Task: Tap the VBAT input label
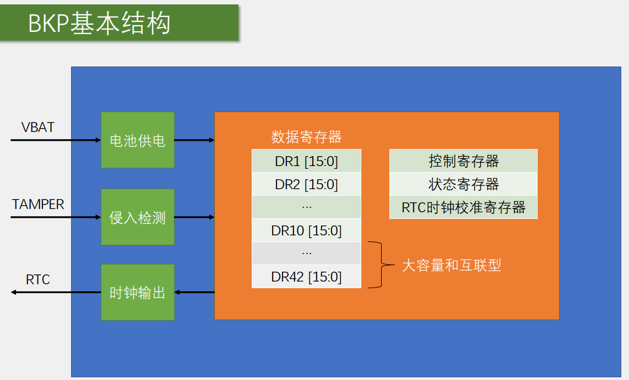pyautogui.click(x=38, y=127)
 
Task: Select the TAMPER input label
pyautogui.click(x=38, y=205)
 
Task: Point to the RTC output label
pyautogui.click(x=38, y=280)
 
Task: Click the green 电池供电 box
pyautogui.click(x=138, y=140)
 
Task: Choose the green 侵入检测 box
pyautogui.click(x=138, y=217)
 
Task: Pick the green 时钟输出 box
pyautogui.click(x=138, y=292)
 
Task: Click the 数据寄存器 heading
pyautogui.click(x=306, y=137)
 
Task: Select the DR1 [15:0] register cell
pyautogui.click(x=306, y=161)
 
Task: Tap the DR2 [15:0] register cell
pyautogui.click(x=306, y=184)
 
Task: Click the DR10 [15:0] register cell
pyautogui.click(x=306, y=231)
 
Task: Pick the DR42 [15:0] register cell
pyautogui.click(x=306, y=277)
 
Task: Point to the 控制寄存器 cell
pyautogui.click(x=463, y=161)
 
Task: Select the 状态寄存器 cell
pyautogui.click(x=463, y=184)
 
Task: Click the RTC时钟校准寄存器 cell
pyautogui.click(x=463, y=207)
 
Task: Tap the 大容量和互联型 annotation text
pyautogui.click(x=452, y=266)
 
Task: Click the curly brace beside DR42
pyautogui.click(x=379, y=265)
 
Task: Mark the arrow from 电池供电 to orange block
pyautogui.click(x=194, y=140)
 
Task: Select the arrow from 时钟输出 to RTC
pyautogui.click(x=56, y=292)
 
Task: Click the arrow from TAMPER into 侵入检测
pyautogui.click(x=56, y=217)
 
